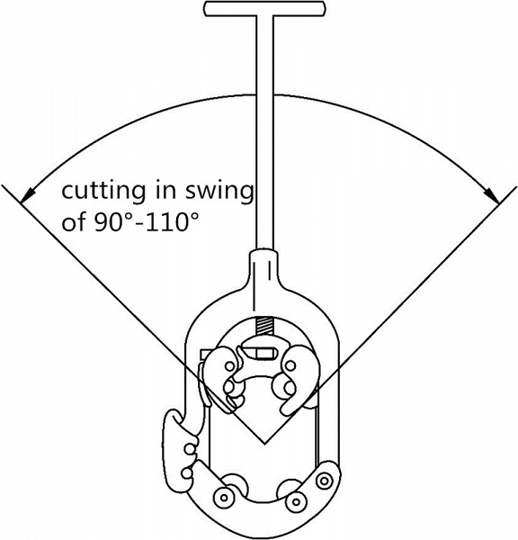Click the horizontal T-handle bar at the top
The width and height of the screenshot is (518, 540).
[x=264, y=9]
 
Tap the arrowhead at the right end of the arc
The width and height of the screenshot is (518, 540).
[x=492, y=195]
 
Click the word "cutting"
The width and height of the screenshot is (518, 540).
[x=103, y=191]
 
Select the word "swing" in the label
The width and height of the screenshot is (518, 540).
[x=219, y=192]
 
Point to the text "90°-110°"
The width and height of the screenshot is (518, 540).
[x=147, y=221]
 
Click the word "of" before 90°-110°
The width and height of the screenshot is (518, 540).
[x=74, y=221]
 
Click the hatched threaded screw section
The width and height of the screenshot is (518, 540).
[x=264, y=326]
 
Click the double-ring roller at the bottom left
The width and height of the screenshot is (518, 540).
[x=224, y=498]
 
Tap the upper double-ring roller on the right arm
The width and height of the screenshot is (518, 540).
[x=324, y=480]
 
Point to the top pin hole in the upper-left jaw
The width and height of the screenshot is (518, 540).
[x=229, y=365]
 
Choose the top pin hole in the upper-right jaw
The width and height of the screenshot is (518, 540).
[x=290, y=365]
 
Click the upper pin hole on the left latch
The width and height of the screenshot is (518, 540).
[x=189, y=449]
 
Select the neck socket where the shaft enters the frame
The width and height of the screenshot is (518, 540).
[x=264, y=267]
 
